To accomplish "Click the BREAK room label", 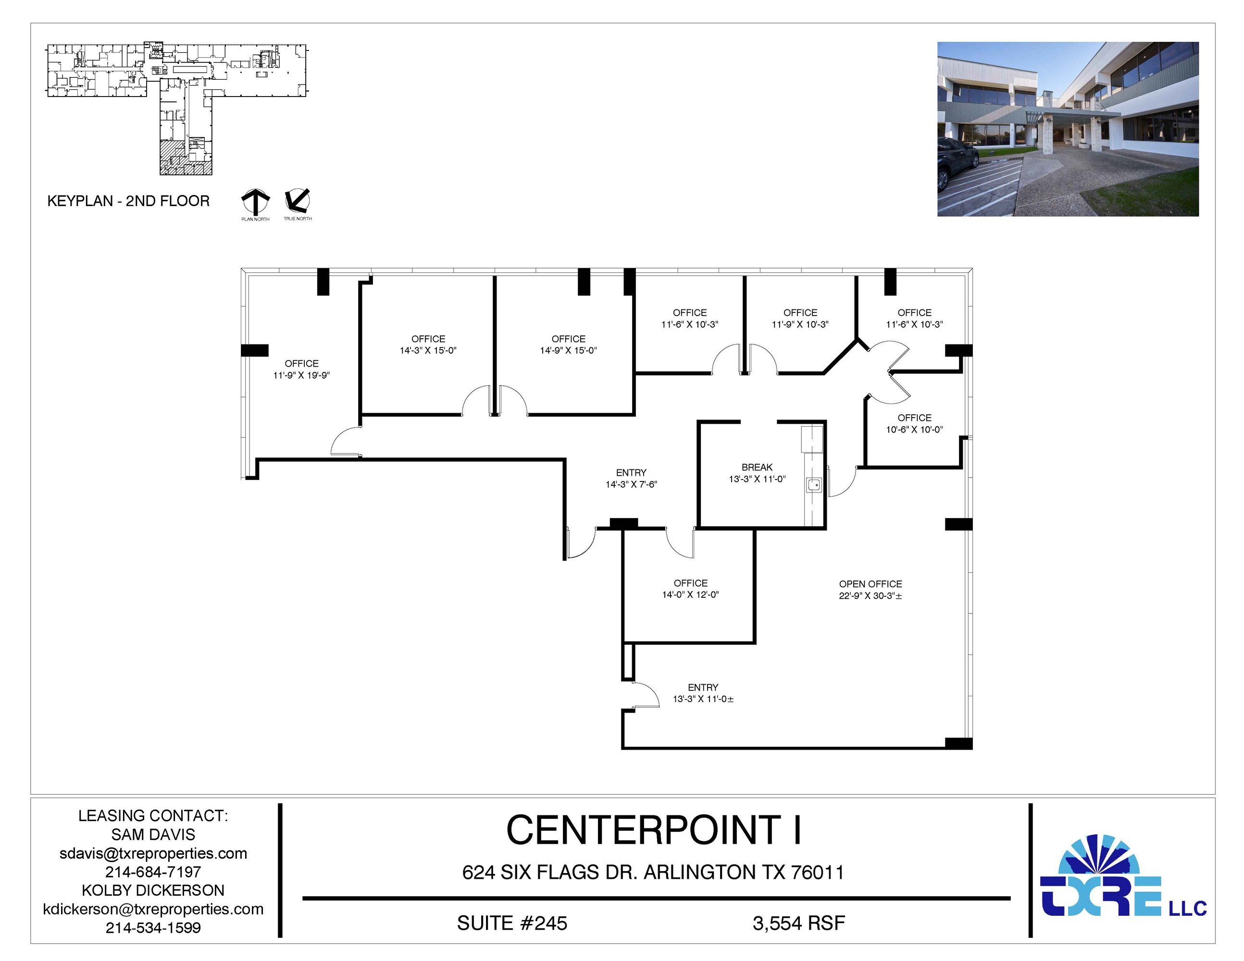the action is [x=757, y=468].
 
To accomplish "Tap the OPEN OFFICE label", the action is [x=871, y=584].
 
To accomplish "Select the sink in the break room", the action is [x=813, y=485].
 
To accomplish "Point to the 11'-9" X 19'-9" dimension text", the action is [x=301, y=376].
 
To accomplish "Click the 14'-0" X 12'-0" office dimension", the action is [x=690, y=595].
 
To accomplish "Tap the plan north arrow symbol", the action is [x=255, y=202].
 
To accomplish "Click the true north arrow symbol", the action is [x=298, y=201].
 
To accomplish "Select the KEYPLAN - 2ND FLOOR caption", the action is [x=128, y=201].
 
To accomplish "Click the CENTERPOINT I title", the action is [x=654, y=830].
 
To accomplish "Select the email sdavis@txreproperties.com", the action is [x=153, y=853].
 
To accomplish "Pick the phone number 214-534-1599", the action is [x=153, y=927].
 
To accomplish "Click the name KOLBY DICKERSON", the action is [x=153, y=890].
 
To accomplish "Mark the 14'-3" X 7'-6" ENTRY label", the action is [x=631, y=479].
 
